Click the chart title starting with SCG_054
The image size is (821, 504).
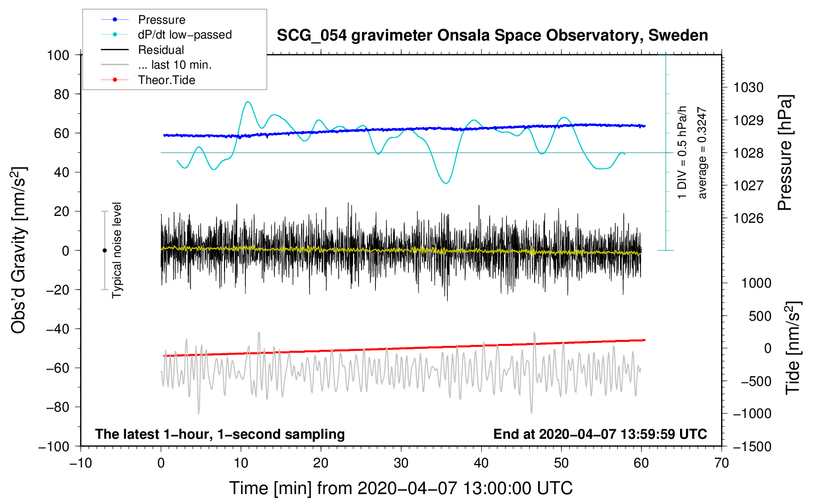click(492, 36)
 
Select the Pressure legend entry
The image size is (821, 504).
click(143, 19)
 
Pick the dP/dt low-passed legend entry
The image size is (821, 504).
click(166, 35)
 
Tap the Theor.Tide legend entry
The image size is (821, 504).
click(148, 80)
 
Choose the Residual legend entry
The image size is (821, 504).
click(142, 50)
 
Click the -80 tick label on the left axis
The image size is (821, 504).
click(57, 407)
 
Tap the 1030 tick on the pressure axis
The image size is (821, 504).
click(748, 87)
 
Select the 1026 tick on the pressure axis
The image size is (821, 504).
click(748, 218)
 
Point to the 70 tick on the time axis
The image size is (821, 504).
click(721, 463)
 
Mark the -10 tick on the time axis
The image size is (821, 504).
click(81, 463)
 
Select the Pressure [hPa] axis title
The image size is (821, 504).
click(785, 153)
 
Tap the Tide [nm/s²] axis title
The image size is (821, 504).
click(793, 348)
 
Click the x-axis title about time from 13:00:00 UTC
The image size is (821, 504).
click(401, 488)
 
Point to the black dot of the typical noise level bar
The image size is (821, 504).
click(104, 251)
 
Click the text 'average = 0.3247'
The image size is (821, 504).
click(702, 153)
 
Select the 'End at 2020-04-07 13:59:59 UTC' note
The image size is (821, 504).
click(600, 434)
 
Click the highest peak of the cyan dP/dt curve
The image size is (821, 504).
click(248, 102)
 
